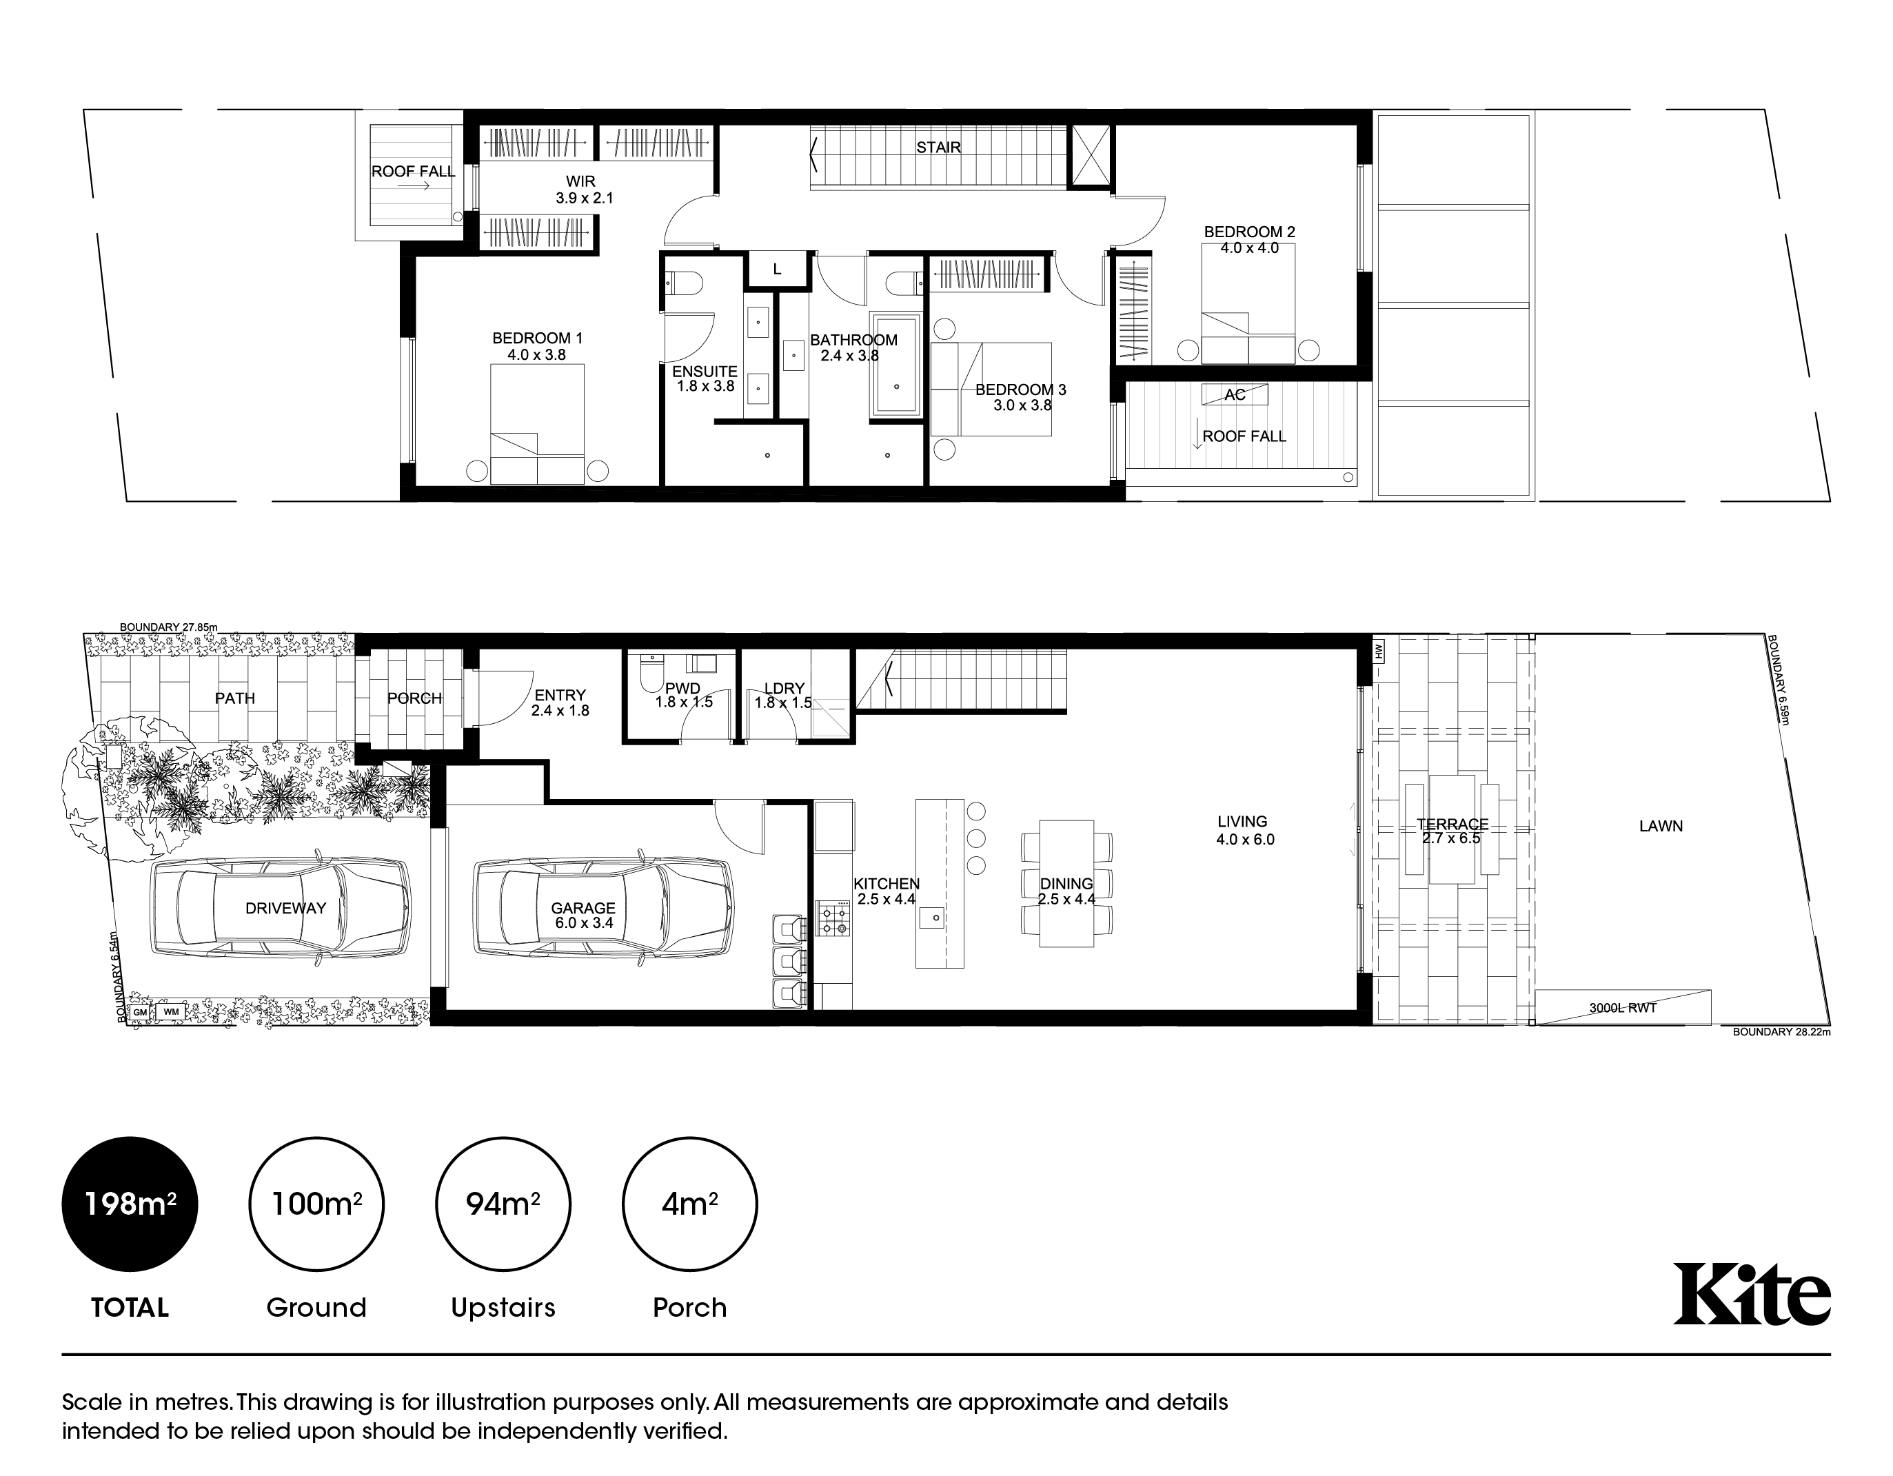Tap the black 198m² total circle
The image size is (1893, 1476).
(x=130, y=1204)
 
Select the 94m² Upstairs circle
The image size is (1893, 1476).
(x=503, y=1204)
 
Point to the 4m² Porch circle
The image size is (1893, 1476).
(x=690, y=1204)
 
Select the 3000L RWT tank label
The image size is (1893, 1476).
(x=1623, y=1008)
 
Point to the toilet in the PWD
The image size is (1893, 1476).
(x=650, y=673)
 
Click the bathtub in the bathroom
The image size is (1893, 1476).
(x=896, y=365)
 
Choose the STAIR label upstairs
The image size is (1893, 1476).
(x=939, y=148)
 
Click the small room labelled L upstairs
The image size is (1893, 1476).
(x=778, y=270)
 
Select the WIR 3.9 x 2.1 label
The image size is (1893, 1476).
(x=583, y=190)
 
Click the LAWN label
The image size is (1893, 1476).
(x=1661, y=826)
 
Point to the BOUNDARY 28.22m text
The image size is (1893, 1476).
(x=1781, y=1032)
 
